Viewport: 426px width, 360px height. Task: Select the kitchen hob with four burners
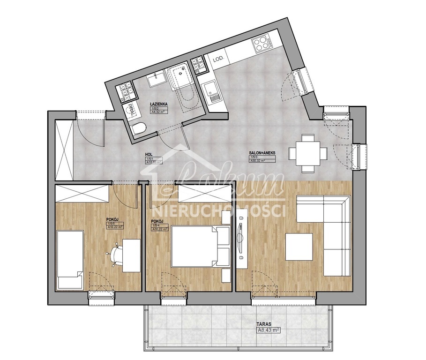tap(261, 45)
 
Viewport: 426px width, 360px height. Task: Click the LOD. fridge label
tap(218, 60)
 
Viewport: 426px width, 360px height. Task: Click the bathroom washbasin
tap(157, 80)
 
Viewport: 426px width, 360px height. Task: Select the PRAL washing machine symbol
tap(131, 111)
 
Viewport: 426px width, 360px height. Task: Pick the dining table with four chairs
tap(308, 153)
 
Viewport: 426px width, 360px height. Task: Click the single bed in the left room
tap(70, 260)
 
